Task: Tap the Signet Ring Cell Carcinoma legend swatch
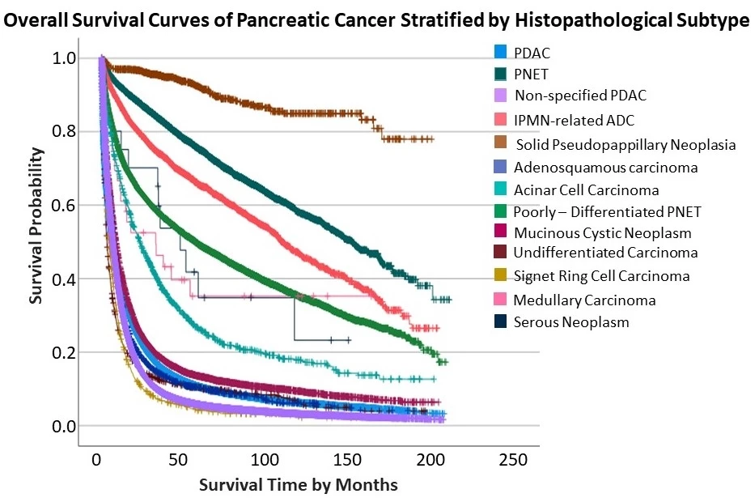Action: coord(501,276)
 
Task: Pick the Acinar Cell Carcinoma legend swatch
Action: coord(501,190)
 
